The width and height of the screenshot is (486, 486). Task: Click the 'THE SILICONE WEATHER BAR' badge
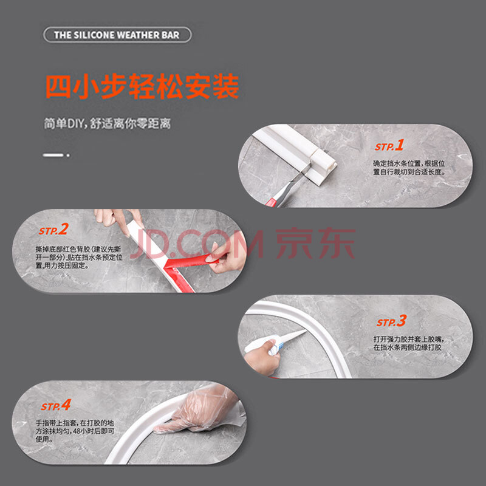pos(117,35)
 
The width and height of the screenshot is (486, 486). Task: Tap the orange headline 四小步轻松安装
pos(143,86)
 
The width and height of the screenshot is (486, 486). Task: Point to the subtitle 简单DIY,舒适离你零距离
pos(107,123)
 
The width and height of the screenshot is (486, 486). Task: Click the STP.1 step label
pos(389,145)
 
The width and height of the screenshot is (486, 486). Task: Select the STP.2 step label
pos(53,230)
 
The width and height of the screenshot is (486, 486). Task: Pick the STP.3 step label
pos(391,321)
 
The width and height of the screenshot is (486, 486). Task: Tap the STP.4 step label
pos(56,405)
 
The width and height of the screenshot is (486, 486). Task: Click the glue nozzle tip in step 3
pos(306,331)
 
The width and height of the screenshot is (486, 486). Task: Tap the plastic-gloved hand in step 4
pos(199,409)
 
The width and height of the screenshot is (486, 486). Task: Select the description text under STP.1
pos(409,168)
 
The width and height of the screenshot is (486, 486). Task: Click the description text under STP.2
pos(79,257)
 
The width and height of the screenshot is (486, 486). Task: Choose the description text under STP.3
pos(408,343)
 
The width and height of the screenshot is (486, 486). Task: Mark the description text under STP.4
pos(75,431)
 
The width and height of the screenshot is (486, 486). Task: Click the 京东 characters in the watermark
pos(315,244)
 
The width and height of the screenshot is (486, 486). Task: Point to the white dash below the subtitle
pos(53,155)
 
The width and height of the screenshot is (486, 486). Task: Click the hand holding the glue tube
pos(262,357)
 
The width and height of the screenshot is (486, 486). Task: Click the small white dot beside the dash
pos(68,155)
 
